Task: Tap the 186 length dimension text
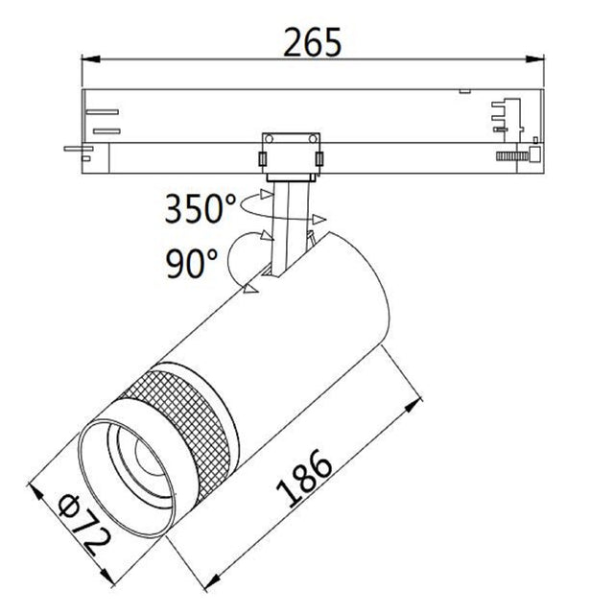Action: click(305, 477)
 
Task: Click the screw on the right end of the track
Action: click(516, 153)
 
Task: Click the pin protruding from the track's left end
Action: click(74, 149)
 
